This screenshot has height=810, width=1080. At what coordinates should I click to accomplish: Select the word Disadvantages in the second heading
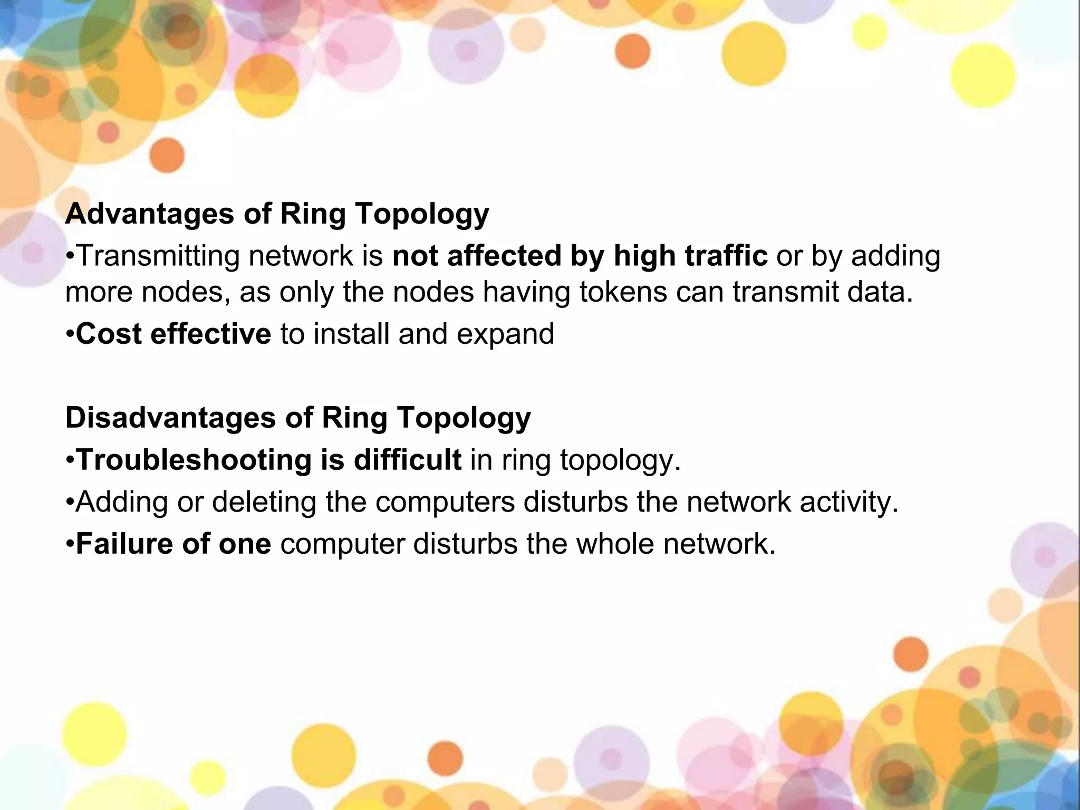[171, 418]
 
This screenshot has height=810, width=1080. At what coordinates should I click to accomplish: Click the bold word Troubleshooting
[194, 460]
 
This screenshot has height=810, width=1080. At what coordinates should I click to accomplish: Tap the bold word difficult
[408, 460]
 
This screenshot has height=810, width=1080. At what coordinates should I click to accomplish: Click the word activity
[848, 502]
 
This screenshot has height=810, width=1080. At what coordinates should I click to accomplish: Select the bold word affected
[504, 256]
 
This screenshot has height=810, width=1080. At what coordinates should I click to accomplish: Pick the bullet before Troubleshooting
[70, 460]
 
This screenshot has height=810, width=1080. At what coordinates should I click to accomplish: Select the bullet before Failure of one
[70, 544]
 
